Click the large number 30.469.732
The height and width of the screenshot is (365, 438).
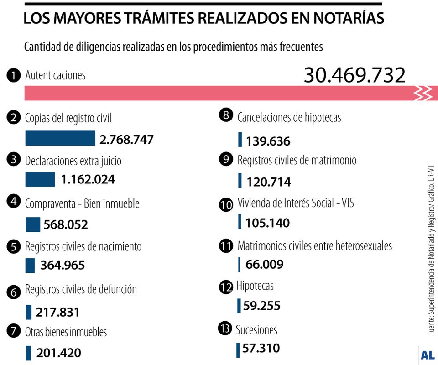355,75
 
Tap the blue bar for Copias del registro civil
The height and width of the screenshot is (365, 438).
60,138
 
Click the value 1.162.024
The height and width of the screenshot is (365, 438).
88,179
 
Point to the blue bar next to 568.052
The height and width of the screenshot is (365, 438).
33,224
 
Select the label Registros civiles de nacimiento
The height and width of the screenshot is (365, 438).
83,246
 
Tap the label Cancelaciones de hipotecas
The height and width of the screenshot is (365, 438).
289,117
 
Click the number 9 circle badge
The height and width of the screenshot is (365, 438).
226,160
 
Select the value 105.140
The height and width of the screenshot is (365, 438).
267,223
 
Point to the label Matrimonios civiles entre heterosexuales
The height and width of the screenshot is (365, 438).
314,246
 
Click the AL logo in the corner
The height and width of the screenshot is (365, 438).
427,355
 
